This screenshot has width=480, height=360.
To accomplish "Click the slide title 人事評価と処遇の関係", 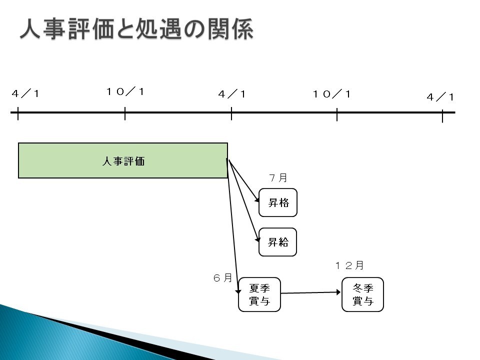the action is click(x=136, y=29).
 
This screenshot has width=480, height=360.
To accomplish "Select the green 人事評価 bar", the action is click(x=123, y=160).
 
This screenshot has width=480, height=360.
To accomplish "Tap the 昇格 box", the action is click(x=278, y=202).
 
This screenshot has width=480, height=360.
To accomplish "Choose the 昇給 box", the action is click(x=277, y=242).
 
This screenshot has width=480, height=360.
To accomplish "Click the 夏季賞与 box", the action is click(x=259, y=294).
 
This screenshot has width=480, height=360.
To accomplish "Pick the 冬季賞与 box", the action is click(x=363, y=294).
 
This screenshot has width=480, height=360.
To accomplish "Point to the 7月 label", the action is click(x=278, y=178).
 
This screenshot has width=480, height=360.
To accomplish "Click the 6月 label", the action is click(x=222, y=277).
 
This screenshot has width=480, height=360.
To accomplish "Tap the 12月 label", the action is click(x=349, y=265).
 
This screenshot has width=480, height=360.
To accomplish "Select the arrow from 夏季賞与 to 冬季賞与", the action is click(x=310, y=292).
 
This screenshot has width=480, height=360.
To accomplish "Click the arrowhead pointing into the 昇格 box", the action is click(x=257, y=199).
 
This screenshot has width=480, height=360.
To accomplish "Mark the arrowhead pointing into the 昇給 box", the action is click(x=257, y=239).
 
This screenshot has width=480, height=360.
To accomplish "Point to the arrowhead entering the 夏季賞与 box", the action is click(x=238, y=291).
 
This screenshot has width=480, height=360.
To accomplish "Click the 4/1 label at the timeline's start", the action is click(x=25, y=93).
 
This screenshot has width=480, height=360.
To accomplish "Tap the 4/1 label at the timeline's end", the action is click(x=440, y=97).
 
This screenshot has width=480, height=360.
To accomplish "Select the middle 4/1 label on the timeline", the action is click(x=231, y=94).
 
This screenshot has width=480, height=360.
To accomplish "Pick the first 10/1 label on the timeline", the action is click(x=125, y=91).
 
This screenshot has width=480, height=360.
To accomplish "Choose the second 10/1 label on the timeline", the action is click(x=331, y=94).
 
